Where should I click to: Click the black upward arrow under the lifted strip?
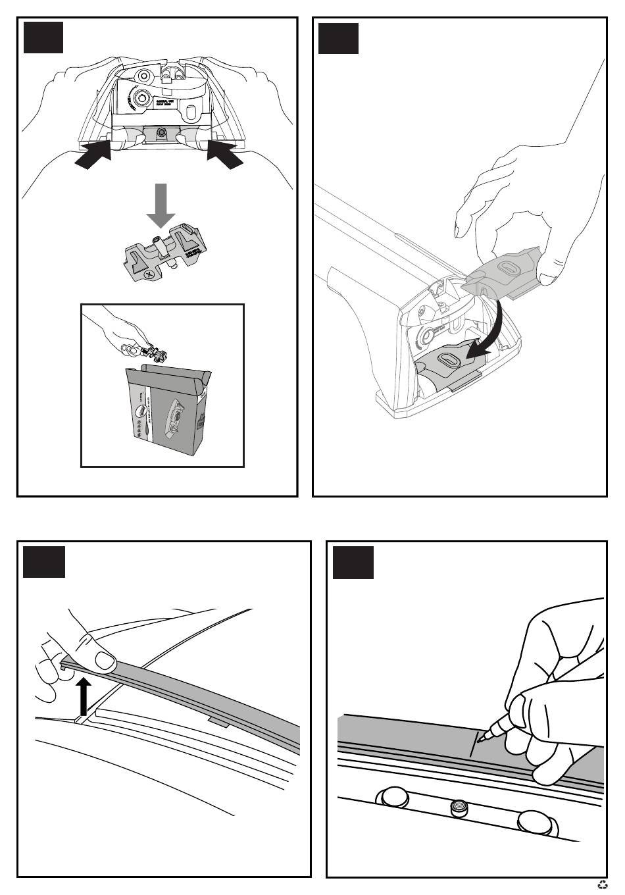[x=82, y=697]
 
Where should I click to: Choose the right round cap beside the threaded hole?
[x=533, y=821]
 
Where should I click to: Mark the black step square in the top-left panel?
[x=43, y=38]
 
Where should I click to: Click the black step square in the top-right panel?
[x=338, y=38]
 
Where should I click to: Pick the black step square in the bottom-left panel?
[x=44, y=561]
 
